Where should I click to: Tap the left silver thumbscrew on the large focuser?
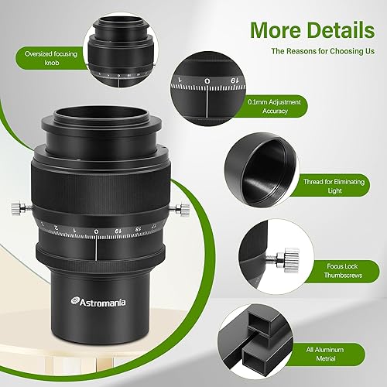click(18, 207)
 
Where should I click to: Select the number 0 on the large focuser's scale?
click(95, 231)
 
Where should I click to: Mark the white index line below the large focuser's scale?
click(96, 248)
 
